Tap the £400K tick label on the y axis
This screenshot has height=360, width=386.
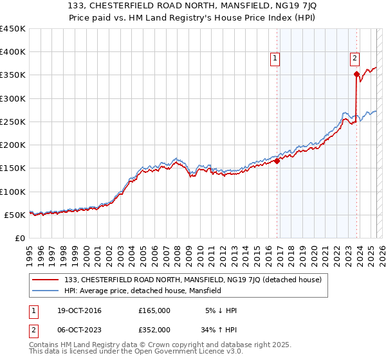(x=13, y=52)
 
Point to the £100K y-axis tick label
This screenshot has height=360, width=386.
(x=13, y=192)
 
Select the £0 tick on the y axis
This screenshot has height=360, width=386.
(x=21, y=238)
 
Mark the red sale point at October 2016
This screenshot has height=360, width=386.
(x=277, y=161)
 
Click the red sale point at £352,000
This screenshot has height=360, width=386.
(x=356, y=74)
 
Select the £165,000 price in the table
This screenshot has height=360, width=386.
(x=154, y=310)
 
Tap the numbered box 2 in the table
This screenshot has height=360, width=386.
(x=33, y=330)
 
